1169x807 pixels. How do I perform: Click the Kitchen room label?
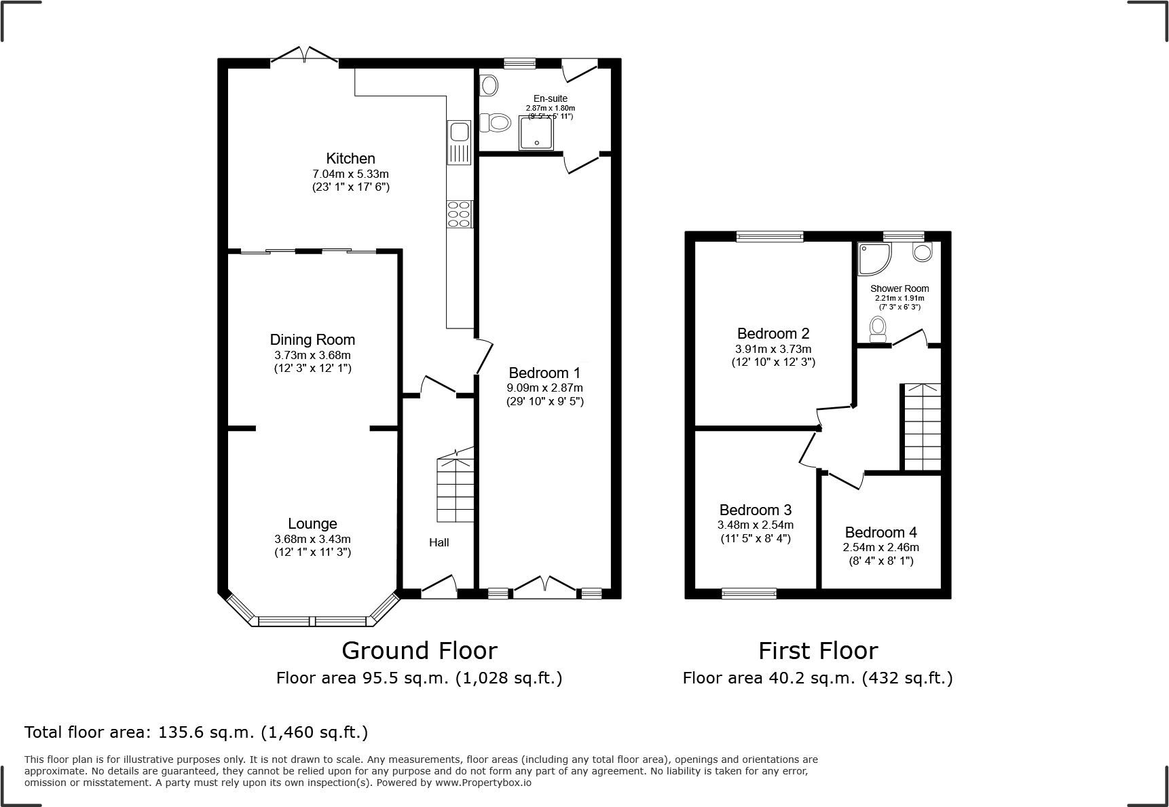click(x=350, y=159)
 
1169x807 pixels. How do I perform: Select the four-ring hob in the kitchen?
click(x=460, y=214)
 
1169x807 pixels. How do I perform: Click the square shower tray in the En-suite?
click(x=535, y=132)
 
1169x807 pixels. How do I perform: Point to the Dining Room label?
click(x=312, y=340)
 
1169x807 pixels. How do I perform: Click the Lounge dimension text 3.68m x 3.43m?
click(x=312, y=539)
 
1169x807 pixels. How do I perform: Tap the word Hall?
click(x=439, y=542)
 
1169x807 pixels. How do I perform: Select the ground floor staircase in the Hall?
click(x=455, y=489)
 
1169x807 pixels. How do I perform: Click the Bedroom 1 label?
click(x=544, y=373)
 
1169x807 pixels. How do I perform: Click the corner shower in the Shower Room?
click(x=873, y=259)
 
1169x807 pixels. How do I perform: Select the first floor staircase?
click(x=921, y=428)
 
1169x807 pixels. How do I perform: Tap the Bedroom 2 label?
click(x=773, y=333)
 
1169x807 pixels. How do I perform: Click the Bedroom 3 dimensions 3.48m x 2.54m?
click(x=755, y=525)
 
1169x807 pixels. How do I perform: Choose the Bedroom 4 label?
click(x=880, y=532)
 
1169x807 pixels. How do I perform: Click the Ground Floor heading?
click(x=419, y=650)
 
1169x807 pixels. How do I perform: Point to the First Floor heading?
click(x=817, y=650)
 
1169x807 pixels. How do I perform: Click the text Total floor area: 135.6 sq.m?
click(x=196, y=732)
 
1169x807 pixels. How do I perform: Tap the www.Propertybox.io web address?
click(x=483, y=783)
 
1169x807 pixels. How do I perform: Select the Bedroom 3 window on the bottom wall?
click(x=749, y=594)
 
